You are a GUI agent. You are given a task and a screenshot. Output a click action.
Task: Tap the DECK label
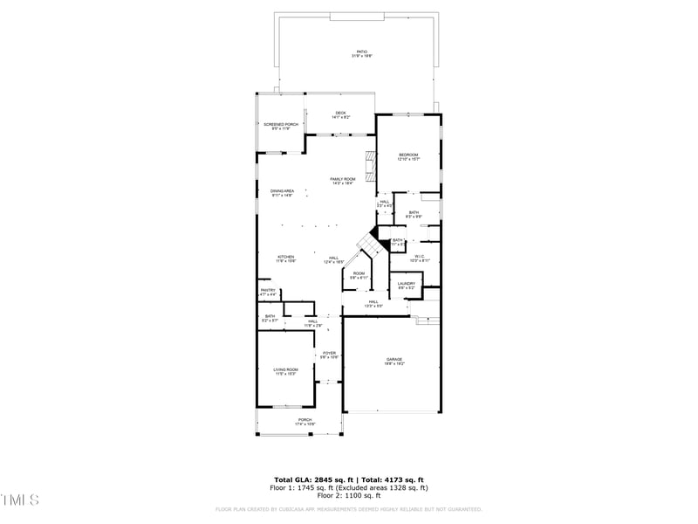tap(340, 114)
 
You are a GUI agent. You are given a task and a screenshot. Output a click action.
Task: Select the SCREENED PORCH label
tap(281, 126)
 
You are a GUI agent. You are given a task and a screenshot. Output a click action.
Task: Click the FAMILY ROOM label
tap(342, 180)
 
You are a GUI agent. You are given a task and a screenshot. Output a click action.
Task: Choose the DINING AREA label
tap(281, 192)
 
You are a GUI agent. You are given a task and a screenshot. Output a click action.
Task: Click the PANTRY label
tap(268, 292)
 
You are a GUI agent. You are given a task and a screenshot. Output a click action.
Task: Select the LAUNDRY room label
tap(407, 285)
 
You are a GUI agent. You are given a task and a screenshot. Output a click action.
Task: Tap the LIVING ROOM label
tap(286, 371)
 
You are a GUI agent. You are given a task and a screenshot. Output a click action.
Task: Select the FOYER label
tap(329, 355)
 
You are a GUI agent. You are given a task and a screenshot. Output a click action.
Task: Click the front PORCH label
tap(305, 421)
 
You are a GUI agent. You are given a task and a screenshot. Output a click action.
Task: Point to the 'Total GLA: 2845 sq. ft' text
tap(311, 479)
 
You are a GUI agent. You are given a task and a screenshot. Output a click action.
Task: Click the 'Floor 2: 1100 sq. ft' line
tap(349, 495)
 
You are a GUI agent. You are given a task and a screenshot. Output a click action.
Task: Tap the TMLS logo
tap(20, 500)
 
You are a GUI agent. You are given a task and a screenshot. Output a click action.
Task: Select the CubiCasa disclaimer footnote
tap(349, 509)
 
